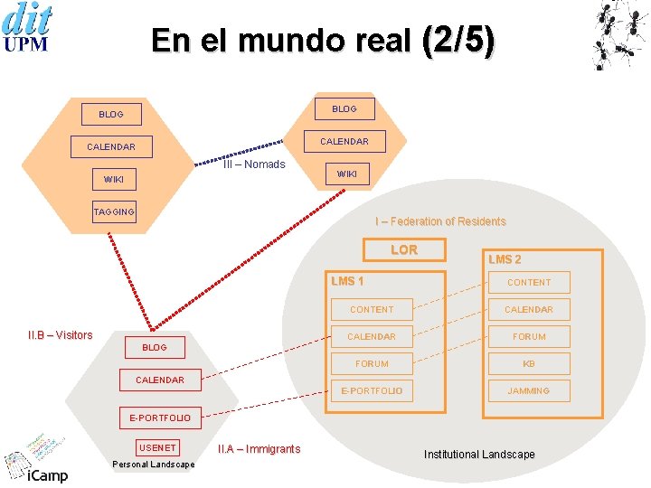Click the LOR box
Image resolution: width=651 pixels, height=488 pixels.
coord(404,249)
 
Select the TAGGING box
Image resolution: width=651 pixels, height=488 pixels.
coord(114,211)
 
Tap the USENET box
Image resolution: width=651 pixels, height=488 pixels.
coord(157,447)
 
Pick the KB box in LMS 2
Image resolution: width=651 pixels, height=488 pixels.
coord(529,363)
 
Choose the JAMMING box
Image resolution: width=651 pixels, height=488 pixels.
coord(529,390)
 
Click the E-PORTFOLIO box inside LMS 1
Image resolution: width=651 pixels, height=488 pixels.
coord(372,390)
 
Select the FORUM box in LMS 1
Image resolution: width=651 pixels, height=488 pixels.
coord(372,363)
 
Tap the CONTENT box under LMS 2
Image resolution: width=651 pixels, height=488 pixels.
coord(529,282)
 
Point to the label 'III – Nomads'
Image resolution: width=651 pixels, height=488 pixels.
coord(254,164)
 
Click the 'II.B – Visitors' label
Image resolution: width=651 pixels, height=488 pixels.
coord(61,335)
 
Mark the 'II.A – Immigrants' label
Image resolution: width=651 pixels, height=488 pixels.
coord(259,449)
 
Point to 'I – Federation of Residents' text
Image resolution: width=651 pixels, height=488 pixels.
coord(440,221)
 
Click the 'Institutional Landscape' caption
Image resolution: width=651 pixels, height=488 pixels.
coord(479,455)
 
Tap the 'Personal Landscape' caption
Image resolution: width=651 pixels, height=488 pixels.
coord(154,465)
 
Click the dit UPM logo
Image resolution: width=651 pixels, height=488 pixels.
coord(27,27)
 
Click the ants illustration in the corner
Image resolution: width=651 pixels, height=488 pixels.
coord(619,34)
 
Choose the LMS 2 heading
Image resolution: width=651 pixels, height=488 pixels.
coord(505,259)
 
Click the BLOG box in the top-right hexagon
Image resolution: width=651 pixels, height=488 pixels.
coord(344,108)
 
